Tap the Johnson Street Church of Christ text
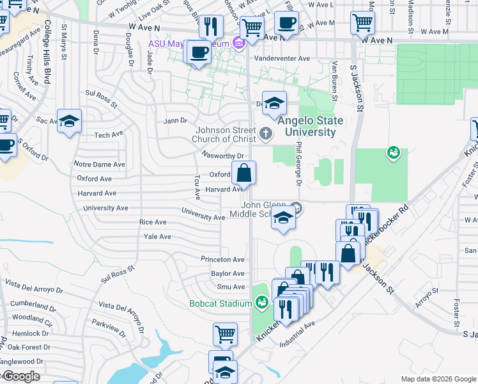click(227, 134)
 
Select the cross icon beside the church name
click(266, 134)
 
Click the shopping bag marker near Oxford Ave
click(243, 173)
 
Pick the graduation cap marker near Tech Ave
click(69, 120)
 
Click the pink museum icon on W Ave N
click(239, 44)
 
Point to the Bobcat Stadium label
click(220, 303)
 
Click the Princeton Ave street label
click(222, 260)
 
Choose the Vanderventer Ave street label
click(282, 58)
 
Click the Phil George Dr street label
click(298, 164)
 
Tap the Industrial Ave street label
click(298, 335)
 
